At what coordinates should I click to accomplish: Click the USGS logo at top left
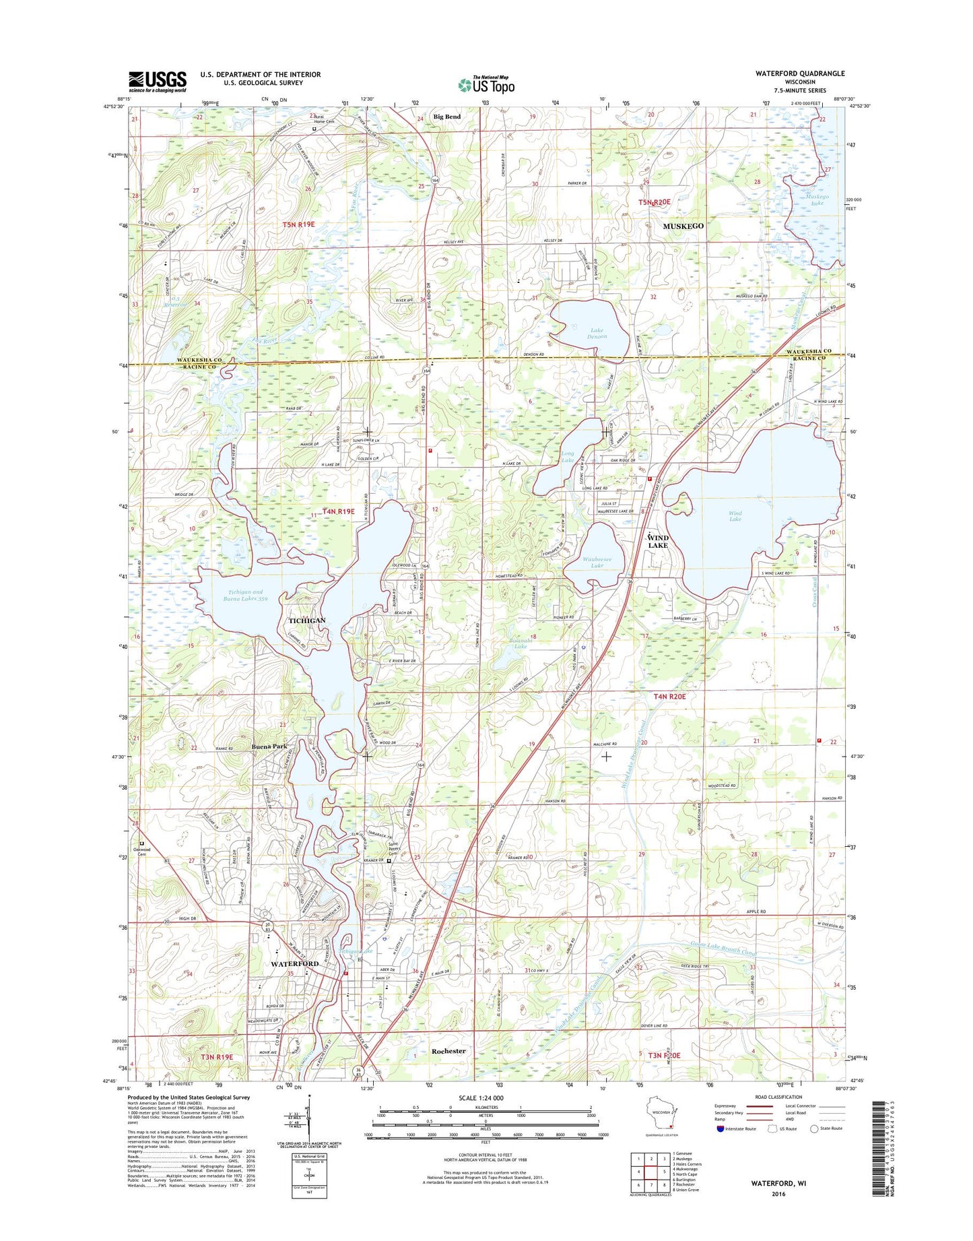(x=158, y=82)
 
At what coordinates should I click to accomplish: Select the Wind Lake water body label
(x=735, y=517)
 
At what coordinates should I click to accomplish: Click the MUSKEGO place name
(x=683, y=226)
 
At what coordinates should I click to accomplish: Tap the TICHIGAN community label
(x=307, y=620)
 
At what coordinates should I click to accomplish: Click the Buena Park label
(x=269, y=746)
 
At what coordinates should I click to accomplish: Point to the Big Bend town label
(x=447, y=117)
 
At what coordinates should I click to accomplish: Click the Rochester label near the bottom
(x=448, y=1050)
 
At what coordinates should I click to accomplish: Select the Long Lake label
(x=568, y=457)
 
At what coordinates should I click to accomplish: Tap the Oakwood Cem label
(x=143, y=850)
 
